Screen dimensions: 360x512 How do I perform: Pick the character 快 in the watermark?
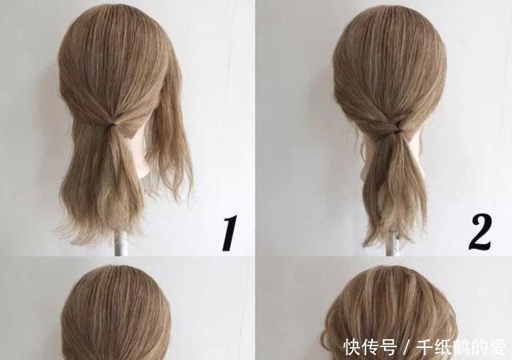tap(353, 347)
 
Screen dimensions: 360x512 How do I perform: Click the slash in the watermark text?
tap(407, 347)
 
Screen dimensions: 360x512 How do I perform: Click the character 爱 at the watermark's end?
tap(498, 347)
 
